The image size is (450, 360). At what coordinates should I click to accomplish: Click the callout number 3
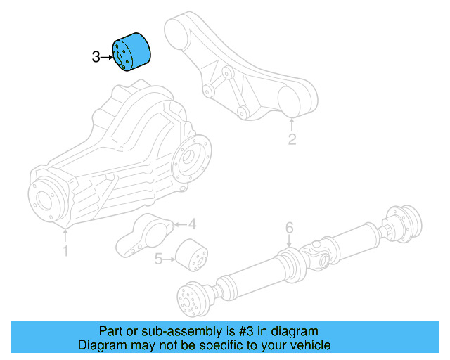click(96, 58)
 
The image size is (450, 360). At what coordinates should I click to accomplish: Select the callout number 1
click(65, 250)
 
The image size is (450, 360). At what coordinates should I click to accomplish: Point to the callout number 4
click(192, 225)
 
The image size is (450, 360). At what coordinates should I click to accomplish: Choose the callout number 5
click(158, 260)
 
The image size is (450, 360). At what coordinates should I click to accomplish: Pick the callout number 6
click(288, 228)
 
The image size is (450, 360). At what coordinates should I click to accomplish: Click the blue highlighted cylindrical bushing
click(133, 51)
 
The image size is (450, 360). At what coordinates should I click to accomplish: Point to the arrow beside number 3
click(108, 58)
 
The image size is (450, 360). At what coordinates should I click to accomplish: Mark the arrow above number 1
click(65, 233)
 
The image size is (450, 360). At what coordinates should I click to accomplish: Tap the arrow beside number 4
click(179, 225)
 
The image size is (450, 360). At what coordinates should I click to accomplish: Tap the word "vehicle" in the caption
click(308, 345)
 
